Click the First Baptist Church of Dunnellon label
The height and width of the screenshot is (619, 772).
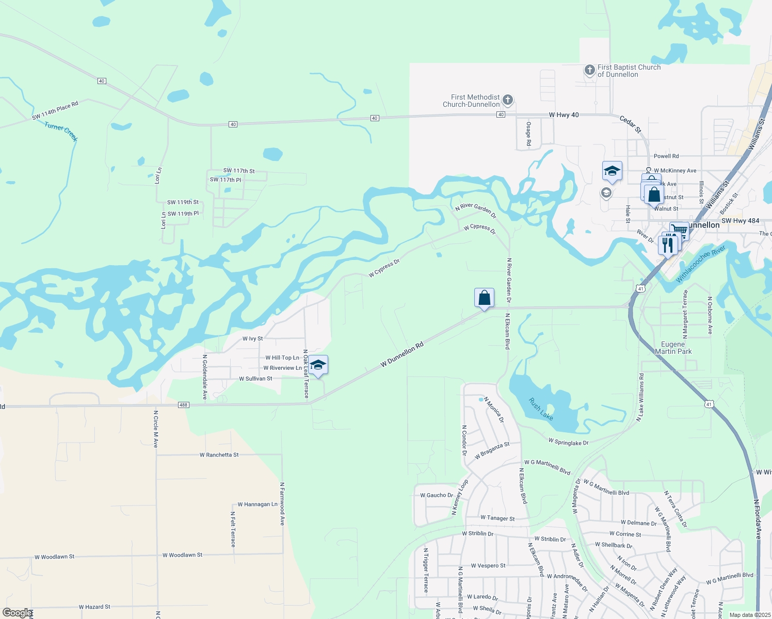(x=629, y=71)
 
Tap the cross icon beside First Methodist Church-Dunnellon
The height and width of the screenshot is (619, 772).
(x=508, y=100)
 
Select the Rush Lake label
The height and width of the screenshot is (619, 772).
(x=541, y=409)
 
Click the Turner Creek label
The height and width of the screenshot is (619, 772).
(x=61, y=132)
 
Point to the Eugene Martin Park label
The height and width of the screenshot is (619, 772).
(x=673, y=348)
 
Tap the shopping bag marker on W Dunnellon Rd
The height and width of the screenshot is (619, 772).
(x=484, y=298)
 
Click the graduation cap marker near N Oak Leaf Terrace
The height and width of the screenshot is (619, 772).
(x=318, y=365)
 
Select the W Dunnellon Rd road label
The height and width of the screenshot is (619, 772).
(x=402, y=354)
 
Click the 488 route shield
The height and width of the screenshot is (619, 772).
(x=184, y=405)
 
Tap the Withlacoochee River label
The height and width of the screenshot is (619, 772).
(x=701, y=264)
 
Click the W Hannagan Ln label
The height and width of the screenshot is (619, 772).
(x=257, y=504)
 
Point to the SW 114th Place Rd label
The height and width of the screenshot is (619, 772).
(x=55, y=110)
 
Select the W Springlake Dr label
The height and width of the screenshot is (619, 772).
(x=568, y=442)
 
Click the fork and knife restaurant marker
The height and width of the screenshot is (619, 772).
(x=667, y=244)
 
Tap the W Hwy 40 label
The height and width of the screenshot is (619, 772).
(x=564, y=115)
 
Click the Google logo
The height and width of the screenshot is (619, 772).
(x=17, y=613)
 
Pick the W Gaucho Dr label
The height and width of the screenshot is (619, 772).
(x=437, y=495)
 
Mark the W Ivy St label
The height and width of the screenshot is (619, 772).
(x=252, y=339)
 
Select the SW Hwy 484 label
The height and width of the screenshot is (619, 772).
(x=740, y=221)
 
